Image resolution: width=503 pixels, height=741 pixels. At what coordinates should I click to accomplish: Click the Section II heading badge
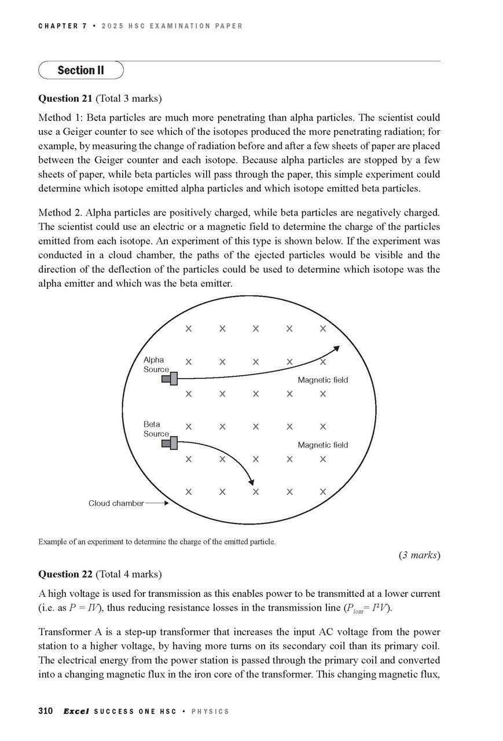point(81,71)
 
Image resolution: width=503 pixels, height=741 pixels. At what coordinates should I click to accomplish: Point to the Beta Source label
point(155,429)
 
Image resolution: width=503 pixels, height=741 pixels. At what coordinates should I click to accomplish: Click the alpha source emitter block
point(170,379)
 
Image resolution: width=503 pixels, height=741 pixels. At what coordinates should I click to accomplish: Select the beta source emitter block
point(170,443)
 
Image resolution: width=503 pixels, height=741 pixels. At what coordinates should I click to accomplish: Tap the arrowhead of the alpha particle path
point(336,349)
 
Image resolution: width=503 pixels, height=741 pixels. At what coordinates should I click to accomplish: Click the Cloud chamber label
point(116,504)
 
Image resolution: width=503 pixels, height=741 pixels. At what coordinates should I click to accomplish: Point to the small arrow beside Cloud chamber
point(157,504)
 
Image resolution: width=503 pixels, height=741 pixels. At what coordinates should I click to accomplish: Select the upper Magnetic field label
point(322,380)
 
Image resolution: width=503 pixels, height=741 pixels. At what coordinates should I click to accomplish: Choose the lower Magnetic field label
point(322,445)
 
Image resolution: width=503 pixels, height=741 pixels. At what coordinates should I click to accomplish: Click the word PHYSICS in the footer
point(210,711)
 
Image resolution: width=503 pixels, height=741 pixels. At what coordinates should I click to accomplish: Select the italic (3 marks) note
point(419,555)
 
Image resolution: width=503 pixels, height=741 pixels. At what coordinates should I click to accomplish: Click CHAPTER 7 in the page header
point(63,26)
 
